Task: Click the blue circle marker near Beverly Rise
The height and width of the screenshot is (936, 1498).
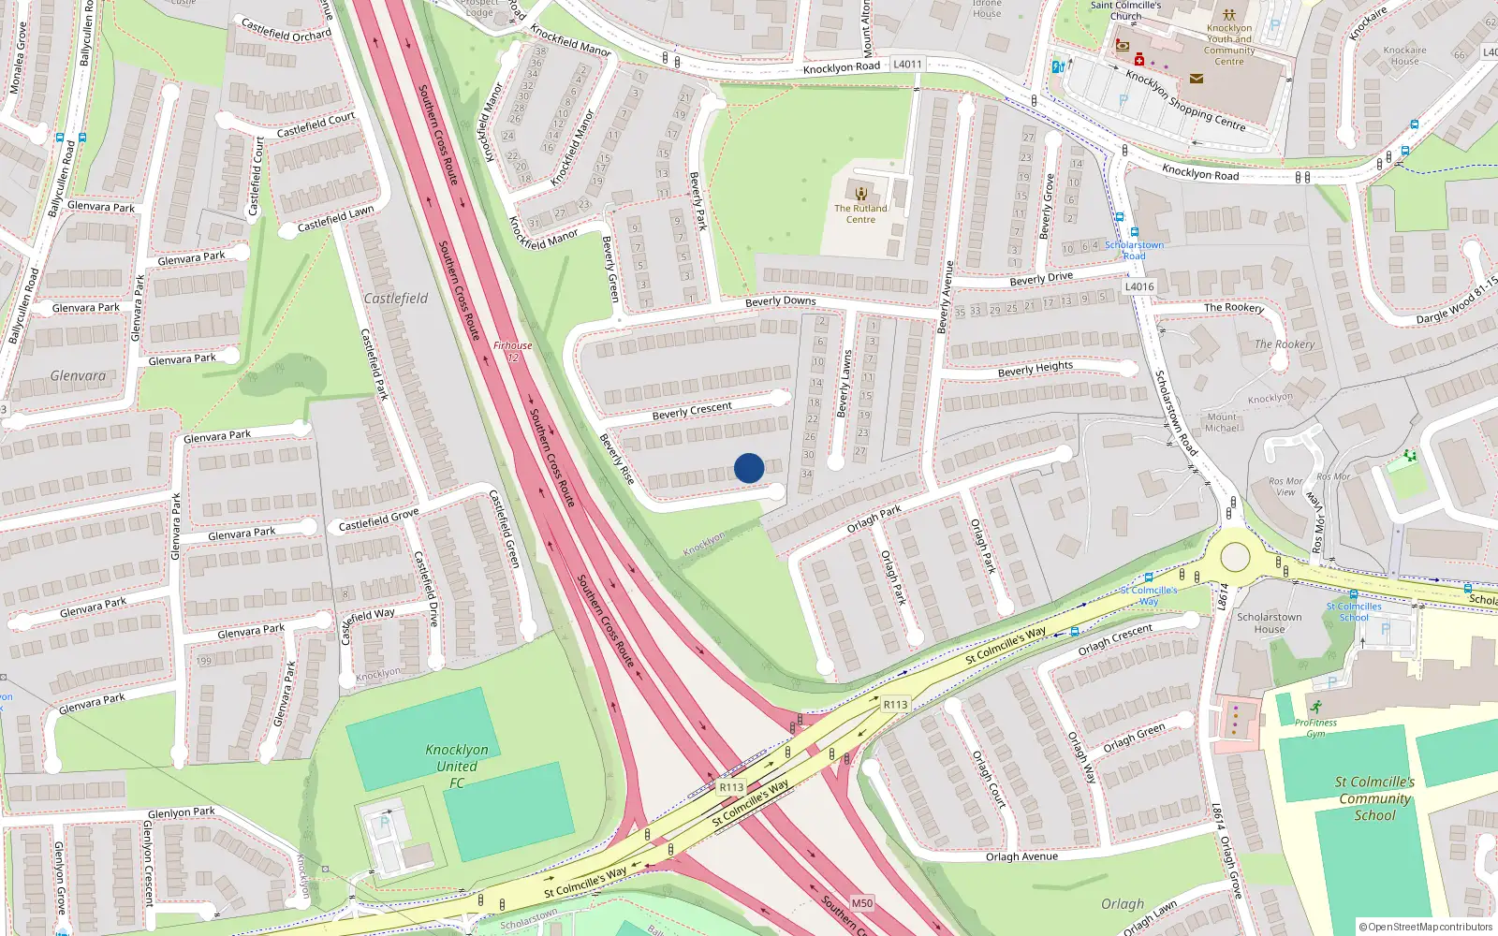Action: [749, 468]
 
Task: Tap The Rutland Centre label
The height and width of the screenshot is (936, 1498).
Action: [860, 213]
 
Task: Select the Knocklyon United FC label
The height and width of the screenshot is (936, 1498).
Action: [456, 766]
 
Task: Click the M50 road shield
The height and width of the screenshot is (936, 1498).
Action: [861, 903]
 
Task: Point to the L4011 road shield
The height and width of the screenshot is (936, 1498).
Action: [907, 65]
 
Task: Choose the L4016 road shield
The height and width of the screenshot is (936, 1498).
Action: [1139, 286]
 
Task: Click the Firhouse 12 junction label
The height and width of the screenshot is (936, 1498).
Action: [512, 351]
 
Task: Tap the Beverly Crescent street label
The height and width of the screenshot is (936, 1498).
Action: [692, 411]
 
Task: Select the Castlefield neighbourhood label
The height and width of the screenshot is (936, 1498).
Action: [395, 298]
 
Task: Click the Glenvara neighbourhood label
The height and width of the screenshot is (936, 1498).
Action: [78, 375]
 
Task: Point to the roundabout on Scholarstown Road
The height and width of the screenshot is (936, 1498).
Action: [1235, 557]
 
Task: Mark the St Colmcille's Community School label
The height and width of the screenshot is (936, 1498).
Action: [1374, 798]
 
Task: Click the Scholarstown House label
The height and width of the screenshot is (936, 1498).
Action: [1269, 622]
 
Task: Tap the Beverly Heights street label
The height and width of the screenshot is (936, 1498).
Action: [1035, 369]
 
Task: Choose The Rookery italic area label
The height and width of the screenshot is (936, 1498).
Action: [1285, 344]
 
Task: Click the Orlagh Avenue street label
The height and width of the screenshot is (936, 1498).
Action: [1021, 856]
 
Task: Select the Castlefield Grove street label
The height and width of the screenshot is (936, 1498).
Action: [378, 519]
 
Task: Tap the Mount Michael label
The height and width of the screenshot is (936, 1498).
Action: [1222, 422]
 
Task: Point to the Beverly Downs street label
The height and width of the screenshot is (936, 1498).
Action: [780, 301]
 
